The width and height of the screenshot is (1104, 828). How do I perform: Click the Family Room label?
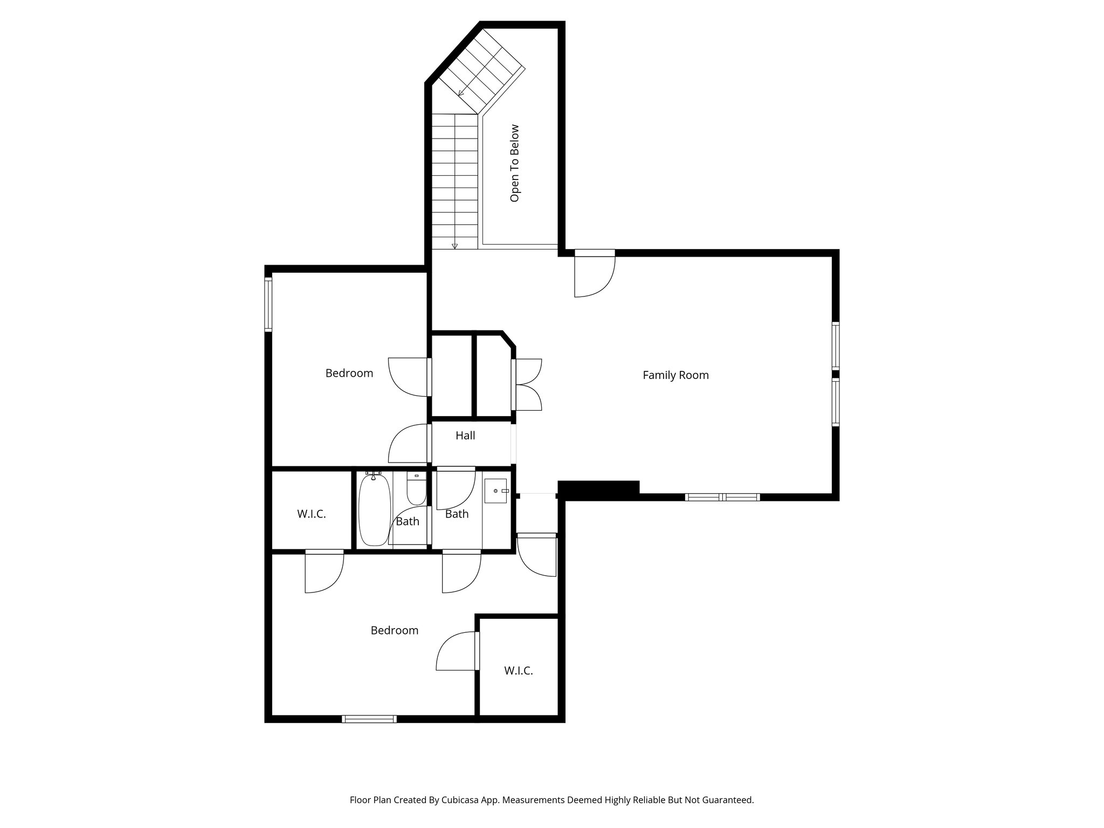point(675,375)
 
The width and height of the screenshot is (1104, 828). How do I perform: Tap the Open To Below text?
point(514,163)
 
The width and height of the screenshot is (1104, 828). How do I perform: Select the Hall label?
point(465,436)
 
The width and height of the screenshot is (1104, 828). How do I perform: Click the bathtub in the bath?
point(373,510)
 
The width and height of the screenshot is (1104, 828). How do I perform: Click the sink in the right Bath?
point(496,491)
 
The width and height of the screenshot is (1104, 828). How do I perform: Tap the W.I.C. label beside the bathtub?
point(312,514)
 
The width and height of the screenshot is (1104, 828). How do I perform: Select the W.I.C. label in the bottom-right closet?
point(519,671)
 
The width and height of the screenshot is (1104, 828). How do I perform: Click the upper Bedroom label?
point(349,373)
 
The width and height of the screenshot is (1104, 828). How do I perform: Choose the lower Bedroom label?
point(395,631)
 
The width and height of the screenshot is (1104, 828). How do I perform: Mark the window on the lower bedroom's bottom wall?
point(370,719)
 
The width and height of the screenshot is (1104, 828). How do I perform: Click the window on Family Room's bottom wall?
point(722,497)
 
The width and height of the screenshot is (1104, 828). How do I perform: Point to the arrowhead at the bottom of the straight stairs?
point(454,246)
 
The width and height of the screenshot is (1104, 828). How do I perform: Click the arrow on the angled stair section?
point(461,93)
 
